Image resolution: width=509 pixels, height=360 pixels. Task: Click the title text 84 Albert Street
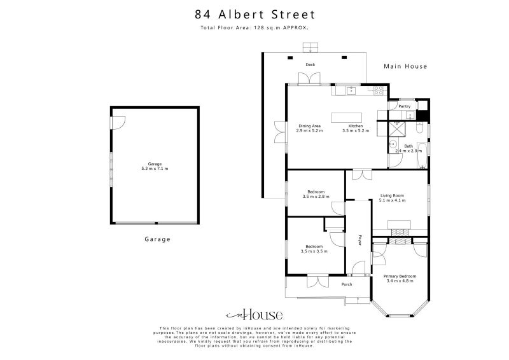pyautogui.click(x=254, y=14)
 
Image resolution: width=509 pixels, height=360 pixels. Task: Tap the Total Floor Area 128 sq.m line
pyautogui.click(x=254, y=29)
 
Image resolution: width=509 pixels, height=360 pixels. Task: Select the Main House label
pyautogui.click(x=405, y=66)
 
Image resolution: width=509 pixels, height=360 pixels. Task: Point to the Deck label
pyautogui.click(x=310, y=65)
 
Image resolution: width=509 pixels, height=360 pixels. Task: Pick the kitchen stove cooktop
pyautogui.click(x=380, y=91)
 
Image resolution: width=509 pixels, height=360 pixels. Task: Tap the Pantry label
pyautogui.click(x=404, y=106)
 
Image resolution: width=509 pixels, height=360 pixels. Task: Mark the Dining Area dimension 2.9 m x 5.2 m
pyautogui.click(x=310, y=130)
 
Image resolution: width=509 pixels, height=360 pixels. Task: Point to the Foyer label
pyautogui.click(x=359, y=240)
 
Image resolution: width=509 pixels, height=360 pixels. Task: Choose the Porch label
pyautogui.click(x=347, y=284)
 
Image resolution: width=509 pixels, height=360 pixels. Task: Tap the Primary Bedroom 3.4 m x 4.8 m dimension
pyautogui.click(x=400, y=280)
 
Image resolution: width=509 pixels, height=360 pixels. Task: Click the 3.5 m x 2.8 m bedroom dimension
pyautogui.click(x=316, y=197)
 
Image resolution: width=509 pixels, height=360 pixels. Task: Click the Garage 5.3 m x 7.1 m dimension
pyautogui.click(x=155, y=169)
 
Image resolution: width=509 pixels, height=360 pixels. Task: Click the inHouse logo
pyautogui.click(x=254, y=315)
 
